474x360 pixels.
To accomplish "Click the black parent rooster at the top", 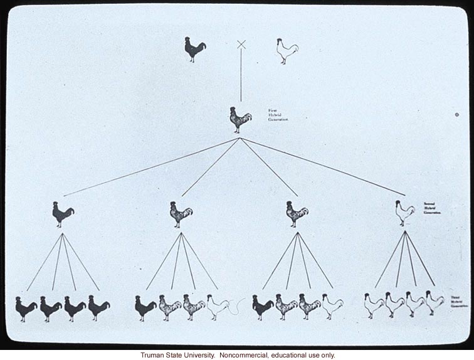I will [195, 49].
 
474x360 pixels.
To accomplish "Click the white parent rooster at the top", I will [287, 51].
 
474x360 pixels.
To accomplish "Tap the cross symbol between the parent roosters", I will [241, 44].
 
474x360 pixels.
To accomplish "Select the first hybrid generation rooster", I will [240, 119].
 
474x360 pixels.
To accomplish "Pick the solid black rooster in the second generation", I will [63, 214].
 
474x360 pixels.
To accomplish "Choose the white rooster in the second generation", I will [405, 213].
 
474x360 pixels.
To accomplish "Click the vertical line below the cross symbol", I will [241, 75].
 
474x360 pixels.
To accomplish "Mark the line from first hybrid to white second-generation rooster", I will [323, 167].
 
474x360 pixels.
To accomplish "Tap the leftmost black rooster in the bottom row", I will [26, 308].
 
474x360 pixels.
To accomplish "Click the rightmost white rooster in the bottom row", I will [434, 303].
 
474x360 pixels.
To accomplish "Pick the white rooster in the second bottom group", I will [218, 307].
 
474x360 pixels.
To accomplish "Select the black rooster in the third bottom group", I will [263, 307].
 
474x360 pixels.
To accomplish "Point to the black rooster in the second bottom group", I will [145, 307].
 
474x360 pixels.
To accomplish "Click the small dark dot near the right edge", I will [457, 114].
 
